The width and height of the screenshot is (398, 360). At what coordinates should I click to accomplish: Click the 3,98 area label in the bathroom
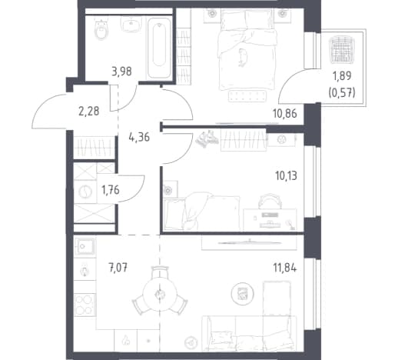tap(121, 72)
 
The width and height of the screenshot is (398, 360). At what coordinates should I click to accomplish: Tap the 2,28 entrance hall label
tap(88, 112)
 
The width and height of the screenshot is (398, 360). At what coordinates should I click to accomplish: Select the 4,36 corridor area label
tap(139, 137)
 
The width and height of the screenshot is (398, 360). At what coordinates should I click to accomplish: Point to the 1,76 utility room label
tap(111, 190)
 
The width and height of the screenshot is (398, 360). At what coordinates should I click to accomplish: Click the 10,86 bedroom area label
tap(285, 113)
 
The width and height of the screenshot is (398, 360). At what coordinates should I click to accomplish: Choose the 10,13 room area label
tap(286, 176)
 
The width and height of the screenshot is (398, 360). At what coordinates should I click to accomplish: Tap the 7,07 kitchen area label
tap(118, 268)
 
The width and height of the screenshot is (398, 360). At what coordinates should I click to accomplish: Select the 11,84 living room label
tap(285, 268)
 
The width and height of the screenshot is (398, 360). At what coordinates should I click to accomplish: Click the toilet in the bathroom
tap(101, 29)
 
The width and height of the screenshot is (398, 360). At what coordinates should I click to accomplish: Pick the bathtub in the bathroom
tap(159, 48)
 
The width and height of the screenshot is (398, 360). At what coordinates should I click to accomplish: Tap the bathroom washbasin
tap(131, 25)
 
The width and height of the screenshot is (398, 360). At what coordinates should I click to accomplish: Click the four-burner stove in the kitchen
tap(85, 305)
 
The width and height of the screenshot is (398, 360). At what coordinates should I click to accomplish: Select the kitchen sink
tap(85, 246)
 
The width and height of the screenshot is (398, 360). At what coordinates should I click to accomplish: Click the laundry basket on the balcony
tap(342, 49)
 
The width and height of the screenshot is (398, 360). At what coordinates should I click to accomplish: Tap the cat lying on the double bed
tap(242, 57)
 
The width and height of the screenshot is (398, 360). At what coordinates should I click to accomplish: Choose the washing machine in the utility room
tap(85, 192)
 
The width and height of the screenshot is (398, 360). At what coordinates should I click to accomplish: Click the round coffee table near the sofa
tap(242, 294)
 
